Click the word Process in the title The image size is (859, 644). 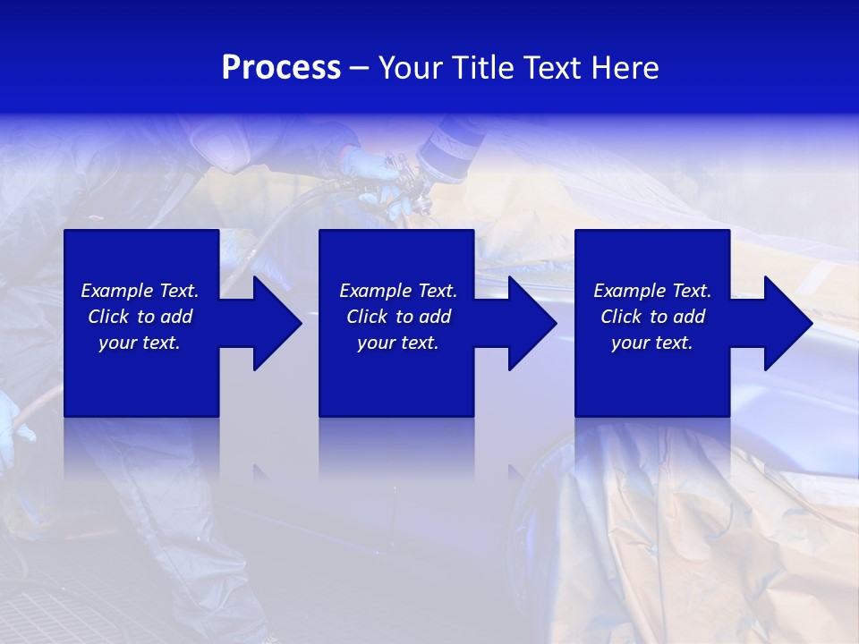coord(281,68)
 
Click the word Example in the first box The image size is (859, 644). coord(118,291)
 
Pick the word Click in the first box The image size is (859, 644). coord(108,317)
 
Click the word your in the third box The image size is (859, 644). coord(630,343)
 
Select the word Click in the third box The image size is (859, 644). coord(621,317)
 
